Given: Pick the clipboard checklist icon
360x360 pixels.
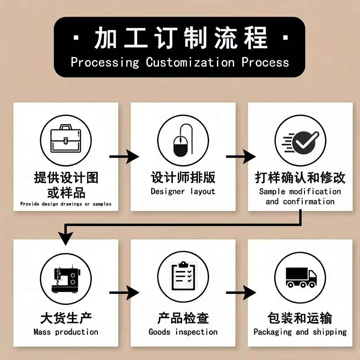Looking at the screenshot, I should click(x=183, y=276).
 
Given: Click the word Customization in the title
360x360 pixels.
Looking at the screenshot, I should click(x=190, y=62).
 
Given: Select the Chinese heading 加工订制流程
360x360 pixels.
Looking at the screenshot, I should click(x=180, y=37).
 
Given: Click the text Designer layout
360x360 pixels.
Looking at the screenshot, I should click(x=183, y=192).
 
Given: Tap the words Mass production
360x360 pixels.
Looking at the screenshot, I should click(x=66, y=332).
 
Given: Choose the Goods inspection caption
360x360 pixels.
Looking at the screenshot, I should click(x=183, y=332).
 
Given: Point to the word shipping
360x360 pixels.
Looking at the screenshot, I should click(x=329, y=332).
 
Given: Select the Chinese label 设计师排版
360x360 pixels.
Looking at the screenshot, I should click(x=183, y=178).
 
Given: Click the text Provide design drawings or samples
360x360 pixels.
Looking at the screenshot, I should click(x=66, y=204).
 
